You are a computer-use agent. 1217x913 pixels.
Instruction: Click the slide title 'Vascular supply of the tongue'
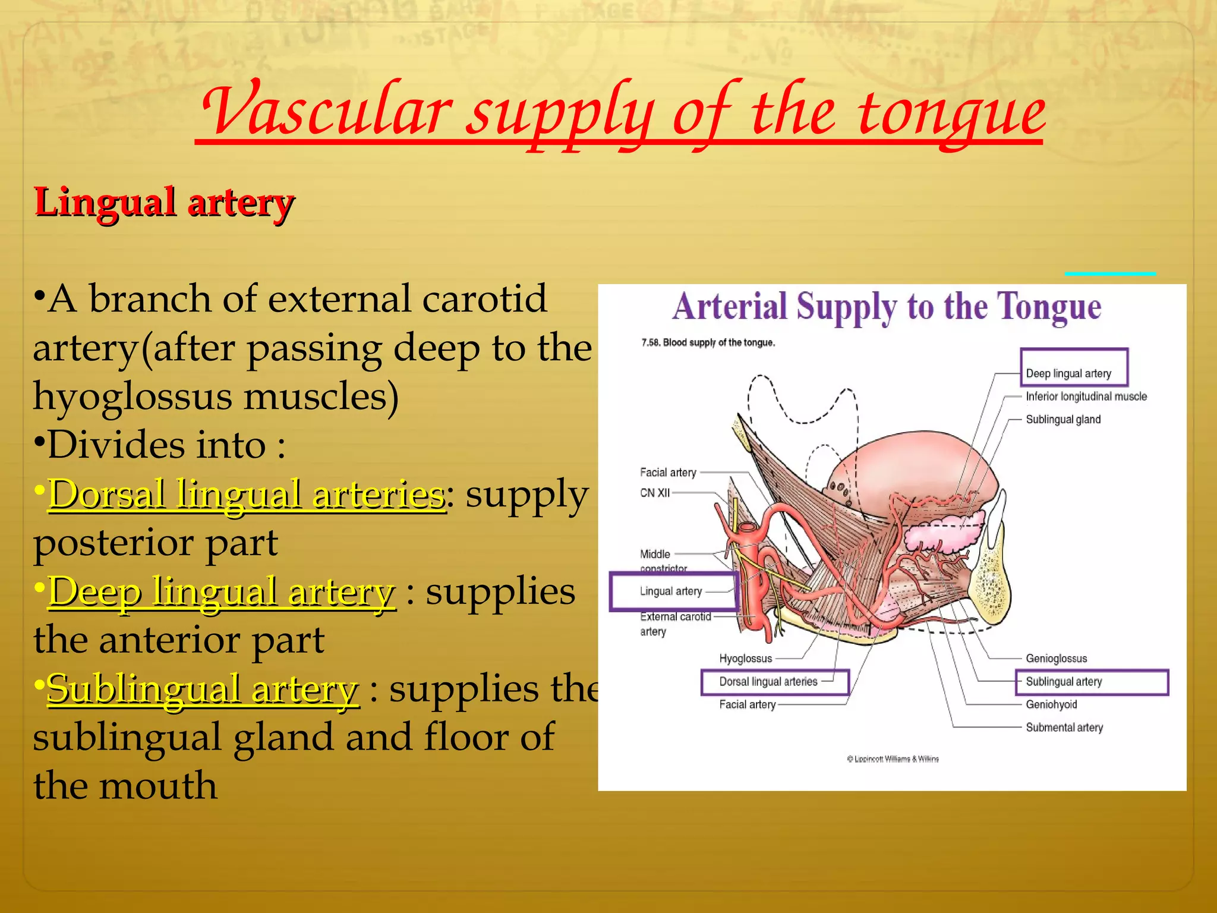[621, 113]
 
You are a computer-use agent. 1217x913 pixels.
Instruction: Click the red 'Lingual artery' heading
[164, 203]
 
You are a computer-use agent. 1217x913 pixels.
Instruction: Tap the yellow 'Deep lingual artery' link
[221, 591]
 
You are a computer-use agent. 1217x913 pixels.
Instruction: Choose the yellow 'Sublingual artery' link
[203, 689]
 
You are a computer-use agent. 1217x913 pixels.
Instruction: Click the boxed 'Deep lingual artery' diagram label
[1068, 373]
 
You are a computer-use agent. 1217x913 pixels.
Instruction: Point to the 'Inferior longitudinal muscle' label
[1086, 396]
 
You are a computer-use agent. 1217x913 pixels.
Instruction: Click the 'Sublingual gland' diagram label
[1063, 420]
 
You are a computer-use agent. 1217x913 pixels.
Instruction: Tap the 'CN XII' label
[654, 493]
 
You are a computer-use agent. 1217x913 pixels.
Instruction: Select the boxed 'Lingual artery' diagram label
[671, 591]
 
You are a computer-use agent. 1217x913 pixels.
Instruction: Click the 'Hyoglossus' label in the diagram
[745, 659]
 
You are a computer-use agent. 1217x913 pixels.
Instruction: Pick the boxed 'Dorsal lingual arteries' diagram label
[768, 682]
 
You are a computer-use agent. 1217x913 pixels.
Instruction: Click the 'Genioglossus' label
[1056, 659]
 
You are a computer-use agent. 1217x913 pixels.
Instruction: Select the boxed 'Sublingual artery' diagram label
[1064, 682]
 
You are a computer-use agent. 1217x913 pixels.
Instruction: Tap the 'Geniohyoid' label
[1051, 704]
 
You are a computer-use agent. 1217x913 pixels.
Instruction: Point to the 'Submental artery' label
[1064, 728]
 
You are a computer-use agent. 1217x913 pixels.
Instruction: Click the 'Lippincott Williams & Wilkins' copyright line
[893, 759]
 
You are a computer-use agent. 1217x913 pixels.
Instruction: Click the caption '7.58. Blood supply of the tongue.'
[708, 343]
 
